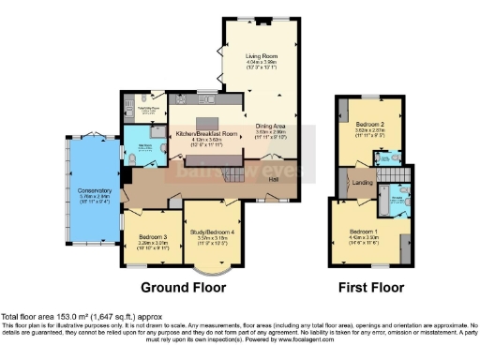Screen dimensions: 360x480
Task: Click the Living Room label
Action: coord(262,55)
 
